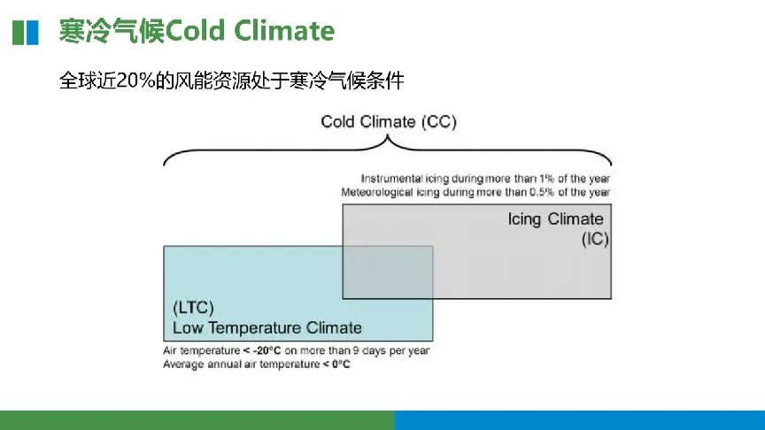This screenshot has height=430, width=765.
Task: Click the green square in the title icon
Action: (18, 33)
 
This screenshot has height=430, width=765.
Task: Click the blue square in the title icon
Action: (32, 33)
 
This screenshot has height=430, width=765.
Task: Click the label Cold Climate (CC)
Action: (389, 121)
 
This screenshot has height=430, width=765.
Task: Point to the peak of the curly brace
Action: (388, 136)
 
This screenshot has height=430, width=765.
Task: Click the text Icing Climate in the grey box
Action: (555, 219)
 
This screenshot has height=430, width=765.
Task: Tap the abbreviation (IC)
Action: (595, 240)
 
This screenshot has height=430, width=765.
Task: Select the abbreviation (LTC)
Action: (193, 308)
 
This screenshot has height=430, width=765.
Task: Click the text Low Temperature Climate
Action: (267, 327)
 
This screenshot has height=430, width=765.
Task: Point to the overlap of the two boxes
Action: (388, 272)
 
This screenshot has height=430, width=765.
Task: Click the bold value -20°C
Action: (267, 350)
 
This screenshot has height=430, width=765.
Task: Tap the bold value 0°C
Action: (341, 365)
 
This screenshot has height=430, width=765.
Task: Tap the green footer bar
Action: (197, 420)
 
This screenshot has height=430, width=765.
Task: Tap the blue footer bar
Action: (580, 420)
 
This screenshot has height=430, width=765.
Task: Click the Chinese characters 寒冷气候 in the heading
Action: (112, 31)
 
